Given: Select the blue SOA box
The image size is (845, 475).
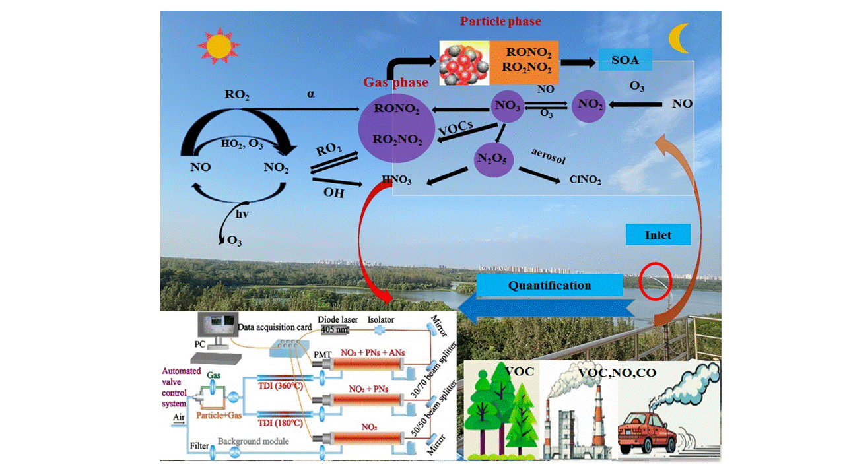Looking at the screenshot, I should point(626,61).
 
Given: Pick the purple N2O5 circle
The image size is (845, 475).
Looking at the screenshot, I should point(493,158).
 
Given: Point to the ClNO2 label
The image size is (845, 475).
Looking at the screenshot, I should point(585,180).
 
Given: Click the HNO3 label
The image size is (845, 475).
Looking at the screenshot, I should point(397,181).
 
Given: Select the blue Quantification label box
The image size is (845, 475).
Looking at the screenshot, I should point(549,286).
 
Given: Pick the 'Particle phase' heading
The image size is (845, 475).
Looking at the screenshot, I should point(500,22).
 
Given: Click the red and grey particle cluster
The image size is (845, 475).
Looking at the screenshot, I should point(463,63).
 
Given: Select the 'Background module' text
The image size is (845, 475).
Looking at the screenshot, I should point(253,441).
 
